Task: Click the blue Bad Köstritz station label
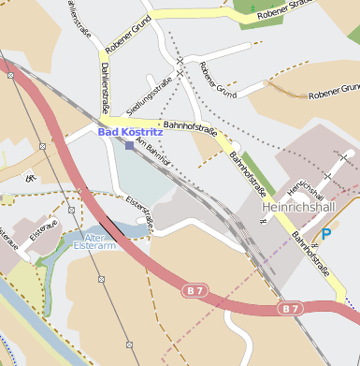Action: tap(130, 133)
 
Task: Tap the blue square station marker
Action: tap(129, 145)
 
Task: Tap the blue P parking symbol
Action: tap(326, 233)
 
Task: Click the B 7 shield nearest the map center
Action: tap(194, 291)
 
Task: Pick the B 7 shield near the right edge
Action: tap(290, 307)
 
